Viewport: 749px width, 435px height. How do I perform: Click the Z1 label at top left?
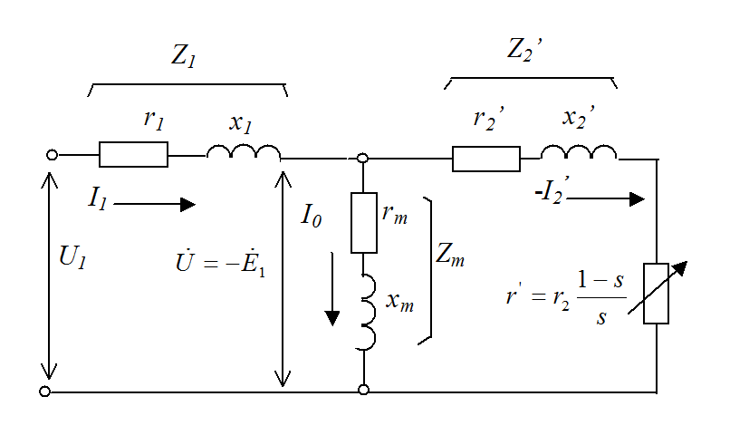click(x=184, y=56)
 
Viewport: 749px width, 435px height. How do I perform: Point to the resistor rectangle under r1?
click(x=133, y=155)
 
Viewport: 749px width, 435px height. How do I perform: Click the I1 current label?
click(x=98, y=199)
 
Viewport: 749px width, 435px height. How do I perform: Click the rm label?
click(x=394, y=214)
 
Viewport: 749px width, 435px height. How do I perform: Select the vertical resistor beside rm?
click(x=363, y=221)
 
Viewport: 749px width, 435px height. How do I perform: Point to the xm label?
click(x=399, y=302)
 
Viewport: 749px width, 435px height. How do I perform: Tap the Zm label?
click(x=450, y=256)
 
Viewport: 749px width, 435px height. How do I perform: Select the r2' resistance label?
click(x=489, y=120)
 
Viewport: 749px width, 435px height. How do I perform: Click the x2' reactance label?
click(x=579, y=120)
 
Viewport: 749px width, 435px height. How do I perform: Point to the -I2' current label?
click(x=548, y=193)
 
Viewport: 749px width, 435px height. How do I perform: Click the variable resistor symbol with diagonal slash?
click(x=655, y=294)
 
